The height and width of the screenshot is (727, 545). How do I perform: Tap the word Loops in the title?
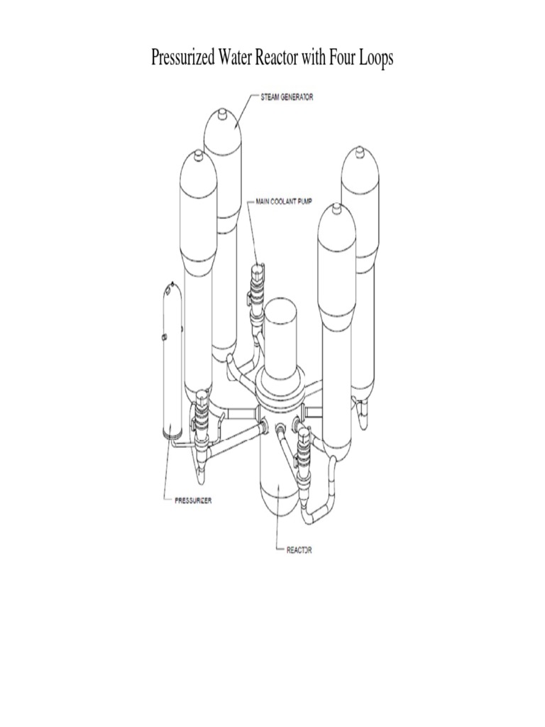point(378,58)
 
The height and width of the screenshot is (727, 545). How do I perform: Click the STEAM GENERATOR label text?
point(287,97)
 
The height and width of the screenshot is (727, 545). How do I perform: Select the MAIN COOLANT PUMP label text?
point(284,202)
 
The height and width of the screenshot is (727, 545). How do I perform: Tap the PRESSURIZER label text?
point(193,501)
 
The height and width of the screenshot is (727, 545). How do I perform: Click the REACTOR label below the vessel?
point(299,550)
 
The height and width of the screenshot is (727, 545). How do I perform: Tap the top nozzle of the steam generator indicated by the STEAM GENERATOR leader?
point(224,113)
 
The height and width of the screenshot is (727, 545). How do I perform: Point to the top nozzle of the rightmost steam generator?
point(358,152)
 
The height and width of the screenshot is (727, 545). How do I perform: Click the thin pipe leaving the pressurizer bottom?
point(183,445)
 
